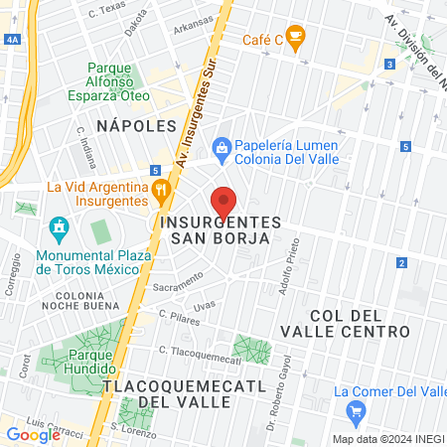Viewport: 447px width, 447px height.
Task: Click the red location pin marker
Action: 224,202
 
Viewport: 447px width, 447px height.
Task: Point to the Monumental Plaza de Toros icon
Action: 59,228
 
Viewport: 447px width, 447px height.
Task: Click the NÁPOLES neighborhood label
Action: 137,125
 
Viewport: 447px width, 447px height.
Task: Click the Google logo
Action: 33,434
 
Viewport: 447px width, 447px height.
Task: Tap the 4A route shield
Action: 12,39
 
